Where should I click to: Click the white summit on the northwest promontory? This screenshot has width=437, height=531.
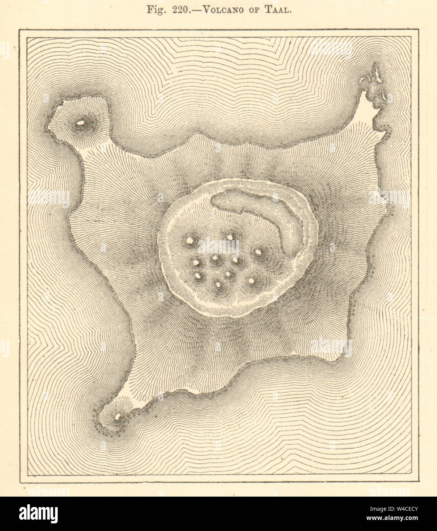(81, 123)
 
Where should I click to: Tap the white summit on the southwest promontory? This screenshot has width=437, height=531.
(118, 416)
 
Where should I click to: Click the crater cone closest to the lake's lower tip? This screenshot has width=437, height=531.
(258, 252)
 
